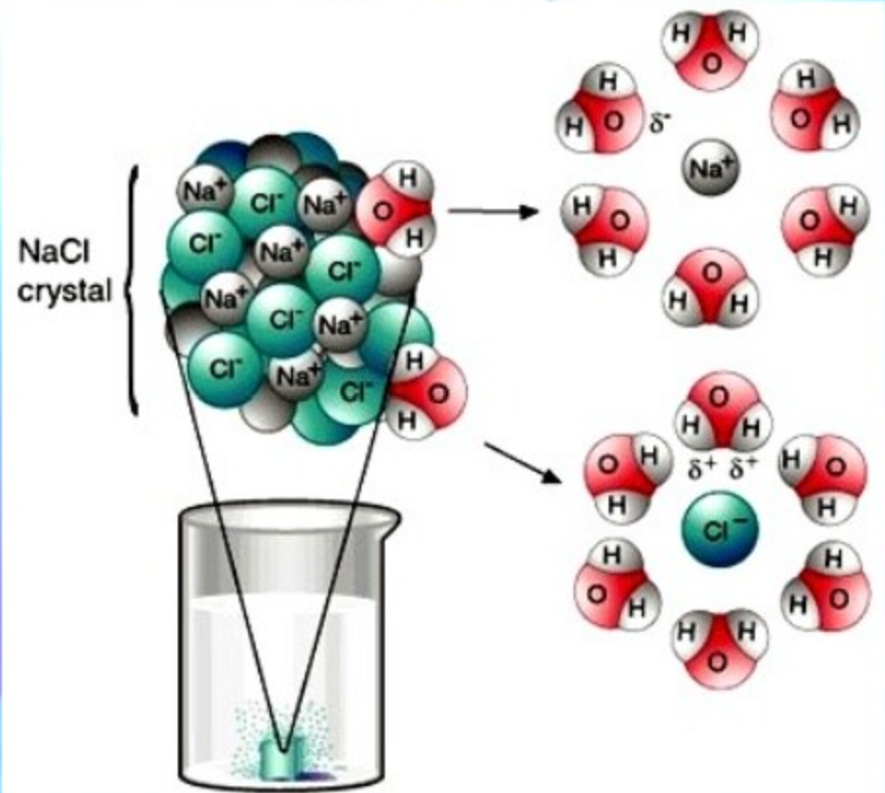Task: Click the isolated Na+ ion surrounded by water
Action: tap(709, 168)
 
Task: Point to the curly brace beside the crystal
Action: tap(136, 289)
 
